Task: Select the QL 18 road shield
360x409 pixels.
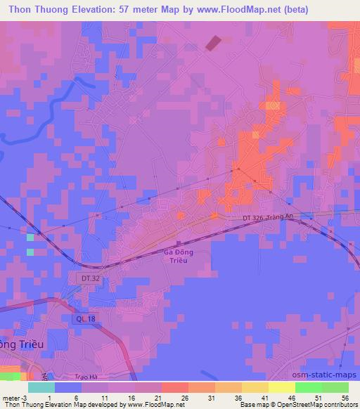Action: coord(83,319)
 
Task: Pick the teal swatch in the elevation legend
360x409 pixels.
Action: coord(41,387)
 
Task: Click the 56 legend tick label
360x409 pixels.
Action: coord(345,397)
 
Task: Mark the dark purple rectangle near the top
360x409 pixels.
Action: coord(212,43)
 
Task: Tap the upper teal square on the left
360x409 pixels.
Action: coord(30,238)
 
